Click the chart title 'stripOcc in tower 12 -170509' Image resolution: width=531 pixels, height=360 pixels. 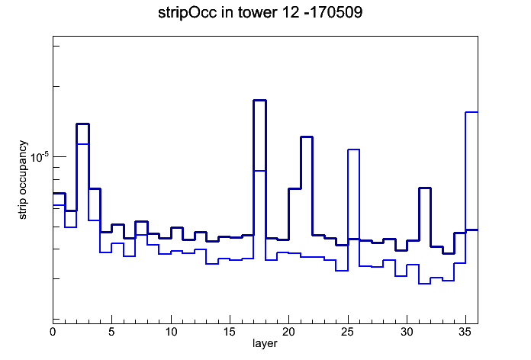260,13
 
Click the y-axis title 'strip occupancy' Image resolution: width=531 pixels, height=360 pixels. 22,180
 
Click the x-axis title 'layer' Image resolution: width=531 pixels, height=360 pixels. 265,343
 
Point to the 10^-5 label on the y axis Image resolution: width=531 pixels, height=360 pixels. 40,157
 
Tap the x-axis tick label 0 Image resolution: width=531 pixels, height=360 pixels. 53,332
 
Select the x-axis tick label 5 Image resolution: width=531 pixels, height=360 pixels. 111,332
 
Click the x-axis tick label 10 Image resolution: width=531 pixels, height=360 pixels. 171,332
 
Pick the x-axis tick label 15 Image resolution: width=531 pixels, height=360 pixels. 230,332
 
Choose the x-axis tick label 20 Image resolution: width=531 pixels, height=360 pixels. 288,332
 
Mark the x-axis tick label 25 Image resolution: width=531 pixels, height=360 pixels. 347,332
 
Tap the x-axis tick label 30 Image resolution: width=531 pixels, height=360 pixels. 407,332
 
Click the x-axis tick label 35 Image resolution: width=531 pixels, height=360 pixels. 465,332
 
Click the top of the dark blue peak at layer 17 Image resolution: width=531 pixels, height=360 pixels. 259,100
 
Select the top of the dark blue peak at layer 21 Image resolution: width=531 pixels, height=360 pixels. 307,137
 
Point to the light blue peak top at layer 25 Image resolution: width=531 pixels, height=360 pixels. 353,149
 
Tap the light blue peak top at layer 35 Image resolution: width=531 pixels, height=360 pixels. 471,112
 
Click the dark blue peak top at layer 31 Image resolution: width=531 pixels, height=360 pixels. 425,188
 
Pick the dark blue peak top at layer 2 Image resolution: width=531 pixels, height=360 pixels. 82,124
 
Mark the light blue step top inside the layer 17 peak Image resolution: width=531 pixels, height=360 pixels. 259,171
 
